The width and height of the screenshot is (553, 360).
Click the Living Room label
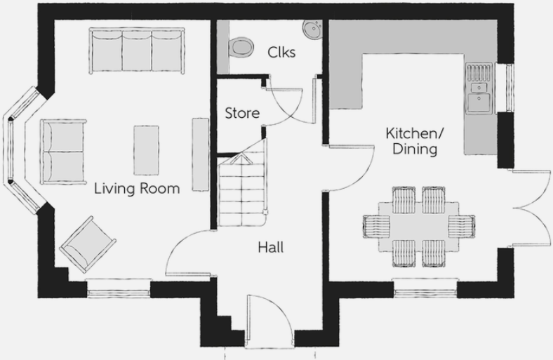pyautogui.click(x=137, y=189)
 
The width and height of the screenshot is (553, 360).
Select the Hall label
pyautogui.click(x=270, y=247)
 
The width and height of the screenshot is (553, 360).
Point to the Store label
pyautogui.click(x=242, y=113)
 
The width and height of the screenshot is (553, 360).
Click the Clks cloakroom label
pyautogui.click(x=281, y=52)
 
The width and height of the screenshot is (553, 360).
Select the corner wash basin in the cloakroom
pyautogui.click(x=312, y=29)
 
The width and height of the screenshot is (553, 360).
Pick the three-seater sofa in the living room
pyautogui.click(x=137, y=50)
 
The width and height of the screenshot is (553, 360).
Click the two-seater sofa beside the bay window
pyautogui.click(x=63, y=150)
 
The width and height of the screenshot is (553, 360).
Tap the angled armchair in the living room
pyautogui.click(x=88, y=244)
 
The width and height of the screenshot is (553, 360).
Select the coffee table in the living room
pyautogui.click(x=146, y=150)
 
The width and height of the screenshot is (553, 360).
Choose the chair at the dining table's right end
pyautogui.click(x=461, y=226)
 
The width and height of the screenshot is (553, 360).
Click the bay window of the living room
pyautogui.click(x=21, y=149)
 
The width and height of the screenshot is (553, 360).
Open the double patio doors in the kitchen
pyautogui.click(x=530, y=208)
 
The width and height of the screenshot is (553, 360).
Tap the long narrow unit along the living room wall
pyautogui.click(x=200, y=154)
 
